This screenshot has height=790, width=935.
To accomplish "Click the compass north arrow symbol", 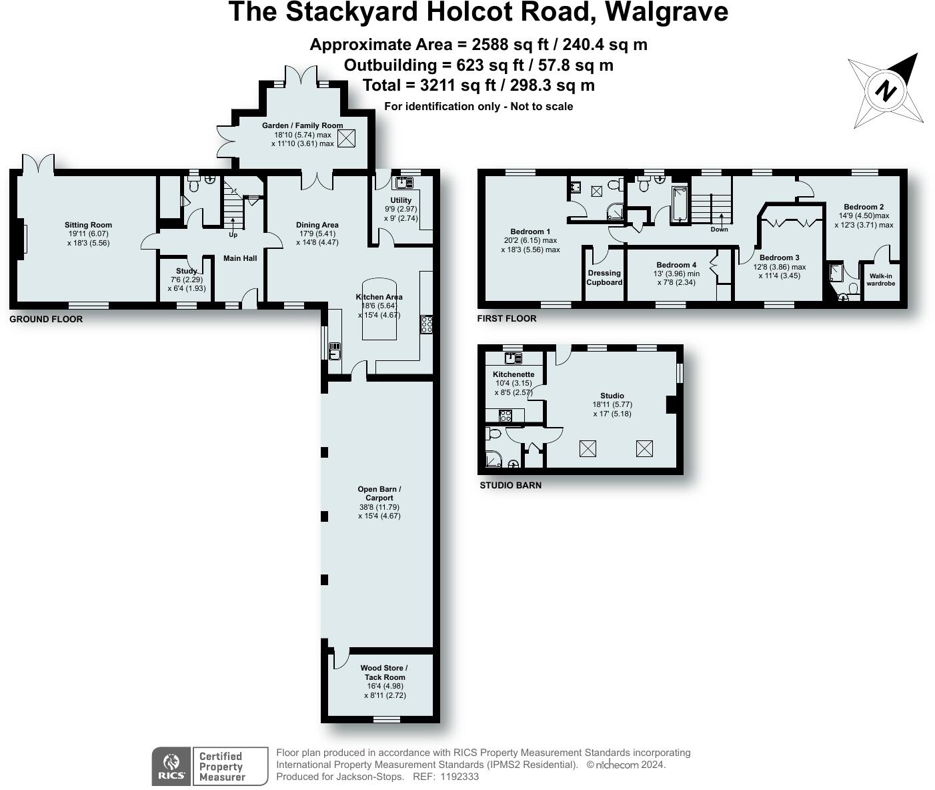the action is (x=886, y=91).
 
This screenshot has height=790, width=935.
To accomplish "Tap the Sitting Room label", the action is (x=88, y=225).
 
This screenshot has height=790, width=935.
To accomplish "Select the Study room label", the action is (x=187, y=271).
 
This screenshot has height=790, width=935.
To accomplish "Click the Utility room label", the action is (x=401, y=200).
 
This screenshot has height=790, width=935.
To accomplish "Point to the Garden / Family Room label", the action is (x=302, y=125).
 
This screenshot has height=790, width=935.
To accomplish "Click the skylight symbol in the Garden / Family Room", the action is (x=346, y=138).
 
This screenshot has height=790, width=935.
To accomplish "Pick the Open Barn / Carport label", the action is (x=379, y=493).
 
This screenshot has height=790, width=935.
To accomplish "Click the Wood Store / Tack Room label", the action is (x=384, y=672).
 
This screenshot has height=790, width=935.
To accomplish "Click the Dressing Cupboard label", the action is (x=604, y=278).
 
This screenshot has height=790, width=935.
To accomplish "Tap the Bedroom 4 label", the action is (x=676, y=265).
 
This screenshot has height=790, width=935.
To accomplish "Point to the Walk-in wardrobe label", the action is (x=880, y=280).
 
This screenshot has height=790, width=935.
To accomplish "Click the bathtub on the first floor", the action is (x=679, y=204).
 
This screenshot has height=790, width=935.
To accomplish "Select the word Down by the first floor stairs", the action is (x=719, y=230).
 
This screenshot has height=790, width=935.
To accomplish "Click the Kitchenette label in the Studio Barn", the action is (x=514, y=374).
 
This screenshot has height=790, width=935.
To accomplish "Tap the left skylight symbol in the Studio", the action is (x=588, y=448).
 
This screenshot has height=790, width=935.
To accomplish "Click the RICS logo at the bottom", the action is (x=171, y=767).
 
